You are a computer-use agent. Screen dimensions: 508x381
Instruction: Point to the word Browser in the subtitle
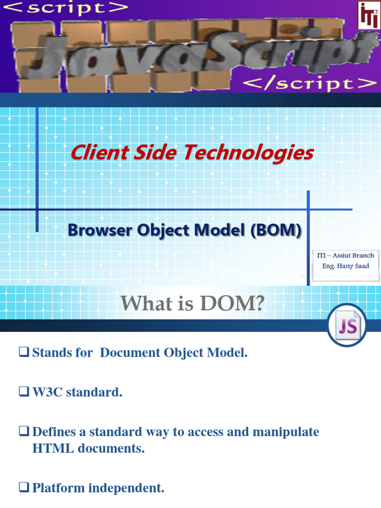[x=96, y=231]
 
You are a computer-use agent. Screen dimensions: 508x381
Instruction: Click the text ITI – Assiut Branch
[x=345, y=255]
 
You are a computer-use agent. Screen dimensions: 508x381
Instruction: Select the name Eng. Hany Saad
[x=345, y=266]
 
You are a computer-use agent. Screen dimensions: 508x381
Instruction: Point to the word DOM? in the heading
[x=232, y=304]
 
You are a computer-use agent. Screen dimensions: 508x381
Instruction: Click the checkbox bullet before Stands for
[x=23, y=353]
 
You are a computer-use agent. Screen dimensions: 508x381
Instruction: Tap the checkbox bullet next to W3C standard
[x=23, y=392]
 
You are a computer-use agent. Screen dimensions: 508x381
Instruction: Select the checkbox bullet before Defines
[x=23, y=432]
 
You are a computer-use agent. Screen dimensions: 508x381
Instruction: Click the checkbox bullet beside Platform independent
[x=23, y=488]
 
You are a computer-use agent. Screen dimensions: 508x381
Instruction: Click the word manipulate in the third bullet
[x=286, y=432]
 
